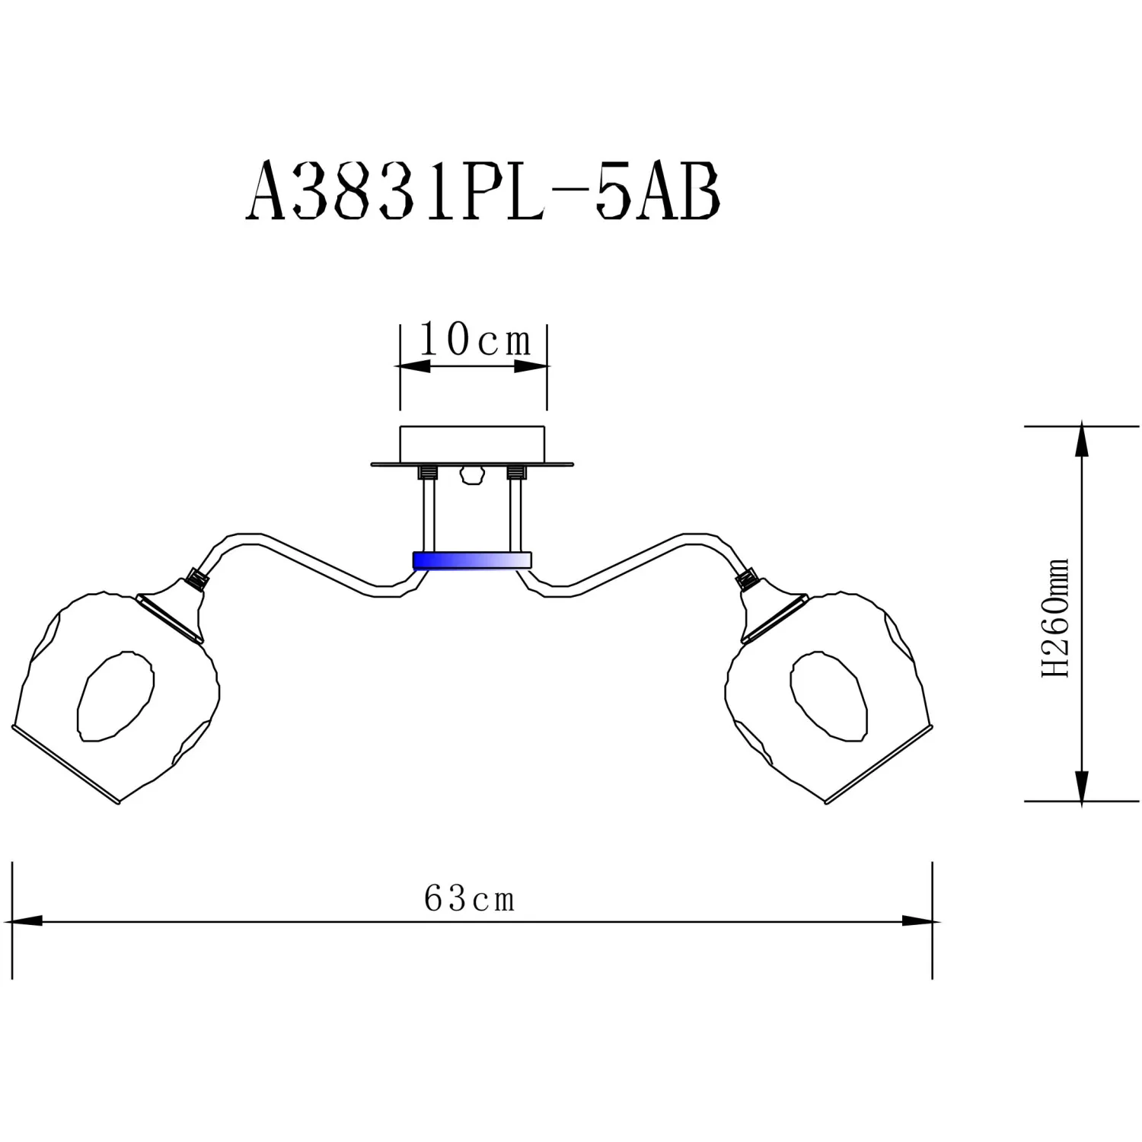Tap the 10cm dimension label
click(475, 340)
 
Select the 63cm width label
click(469, 898)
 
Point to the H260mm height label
click(1056, 617)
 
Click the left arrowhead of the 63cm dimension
click(25, 921)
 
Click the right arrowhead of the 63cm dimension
click(918, 921)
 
